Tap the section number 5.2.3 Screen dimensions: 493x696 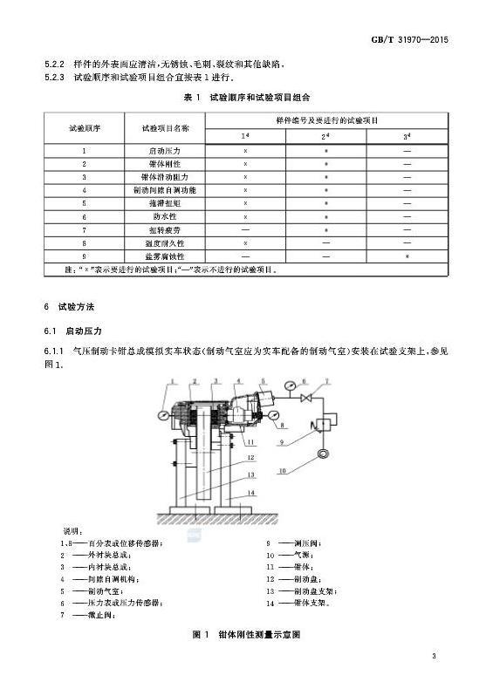(x=55, y=78)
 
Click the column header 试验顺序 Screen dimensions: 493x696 (x=84, y=127)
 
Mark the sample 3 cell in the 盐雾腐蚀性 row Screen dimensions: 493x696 (x=407, y=256)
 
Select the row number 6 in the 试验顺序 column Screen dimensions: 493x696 (x=84, y=216)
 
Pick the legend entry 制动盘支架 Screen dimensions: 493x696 (x=312, y=590)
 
